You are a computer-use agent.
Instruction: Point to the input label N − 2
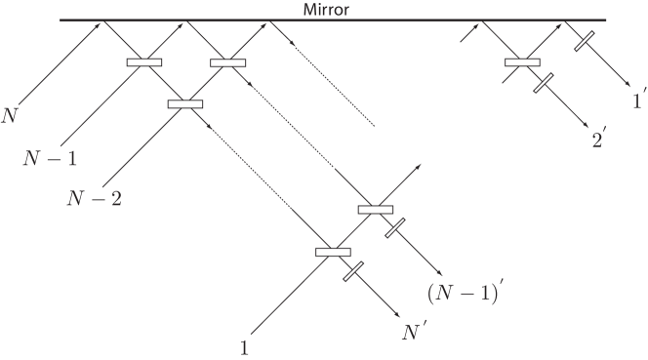94,200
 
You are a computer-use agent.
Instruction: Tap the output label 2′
598,140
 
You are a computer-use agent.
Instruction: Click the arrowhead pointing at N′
399,315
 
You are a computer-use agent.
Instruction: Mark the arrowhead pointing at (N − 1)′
441,274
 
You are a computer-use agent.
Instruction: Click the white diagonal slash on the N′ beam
353,271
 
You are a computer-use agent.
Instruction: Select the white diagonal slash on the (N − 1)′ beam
394,228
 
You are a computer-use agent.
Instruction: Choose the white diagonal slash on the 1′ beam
583,42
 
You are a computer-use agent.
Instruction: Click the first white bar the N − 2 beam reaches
185,103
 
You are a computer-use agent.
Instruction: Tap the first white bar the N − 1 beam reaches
144,63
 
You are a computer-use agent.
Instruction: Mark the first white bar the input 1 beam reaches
333,253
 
